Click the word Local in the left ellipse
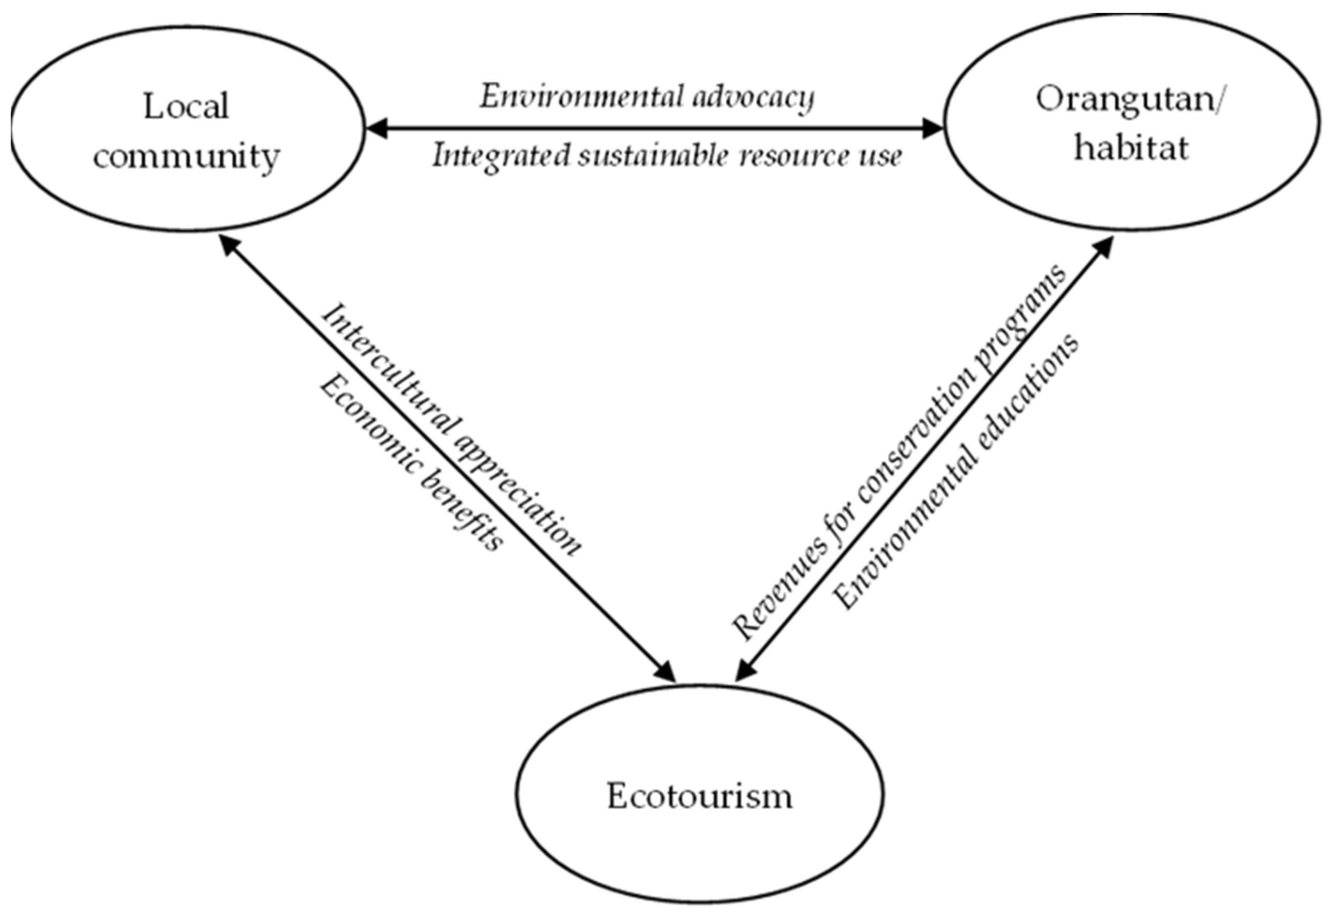pyautogui.click(x=186, y=107)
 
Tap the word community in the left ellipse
pyautogui.click(x=186, y=156)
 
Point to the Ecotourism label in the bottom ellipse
pyautogui.click(x=699, y=796)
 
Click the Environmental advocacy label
pyautogui.click(x=647, y=96)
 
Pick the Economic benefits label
pyautogui.click(x=411, y=464)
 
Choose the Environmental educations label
pyautogui.click(x=956, y=472)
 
